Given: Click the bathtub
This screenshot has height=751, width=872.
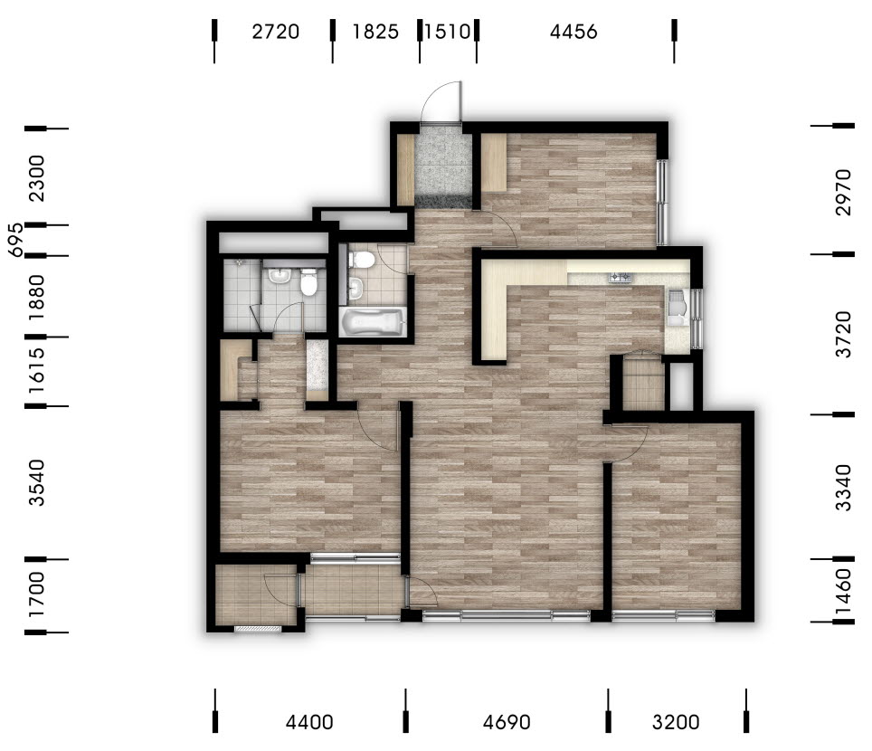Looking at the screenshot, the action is [373, 321].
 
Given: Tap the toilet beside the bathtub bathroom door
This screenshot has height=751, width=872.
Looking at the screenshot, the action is [362, 260].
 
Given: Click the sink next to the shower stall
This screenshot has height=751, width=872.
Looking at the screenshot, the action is [277, 276].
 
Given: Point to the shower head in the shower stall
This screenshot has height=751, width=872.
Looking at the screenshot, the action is [239, 261].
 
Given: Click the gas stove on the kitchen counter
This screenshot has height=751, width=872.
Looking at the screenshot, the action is [620, 277].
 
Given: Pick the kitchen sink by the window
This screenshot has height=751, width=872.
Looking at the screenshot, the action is [678, 307].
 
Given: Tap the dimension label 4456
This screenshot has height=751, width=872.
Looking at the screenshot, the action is [573, 32].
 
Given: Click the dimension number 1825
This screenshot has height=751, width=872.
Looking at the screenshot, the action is [375, 32].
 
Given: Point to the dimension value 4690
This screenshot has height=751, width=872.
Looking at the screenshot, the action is [506, 722].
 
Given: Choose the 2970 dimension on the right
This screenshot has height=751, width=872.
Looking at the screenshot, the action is [843, 192].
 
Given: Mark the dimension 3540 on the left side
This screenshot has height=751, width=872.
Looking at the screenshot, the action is [37, 482].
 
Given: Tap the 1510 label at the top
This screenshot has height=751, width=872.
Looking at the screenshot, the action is [447, 32].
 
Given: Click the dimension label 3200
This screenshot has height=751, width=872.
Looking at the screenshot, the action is [676, 722].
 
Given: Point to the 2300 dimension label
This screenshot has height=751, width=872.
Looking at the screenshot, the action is [37, 178].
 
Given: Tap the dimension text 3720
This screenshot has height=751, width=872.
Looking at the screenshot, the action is [843, 335].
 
